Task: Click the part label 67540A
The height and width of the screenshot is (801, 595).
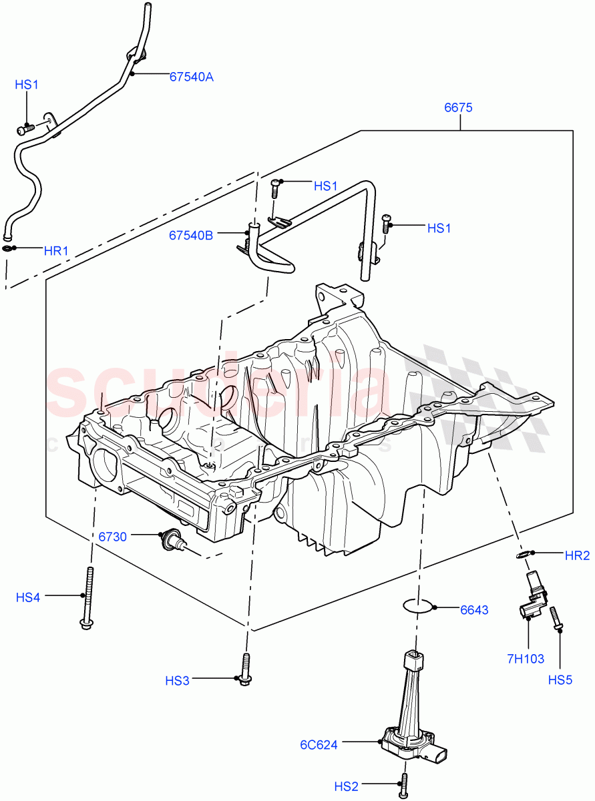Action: coord(191,77)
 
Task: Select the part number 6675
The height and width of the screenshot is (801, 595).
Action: coord(458,107)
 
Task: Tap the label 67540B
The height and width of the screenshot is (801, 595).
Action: coord(191,235)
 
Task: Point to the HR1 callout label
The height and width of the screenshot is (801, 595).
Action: coord(56,251)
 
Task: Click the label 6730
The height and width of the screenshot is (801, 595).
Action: coord(114,536)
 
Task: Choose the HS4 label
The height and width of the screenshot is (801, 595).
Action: coord(28,597)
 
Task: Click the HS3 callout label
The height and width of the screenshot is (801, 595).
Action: coord(178,680)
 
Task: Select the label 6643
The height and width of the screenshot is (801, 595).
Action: coord(474,609)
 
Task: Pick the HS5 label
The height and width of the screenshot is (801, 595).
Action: coord(561,680)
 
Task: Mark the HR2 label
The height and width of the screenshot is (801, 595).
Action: coord(577,555)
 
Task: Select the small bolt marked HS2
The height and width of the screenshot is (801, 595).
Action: coord(404,786)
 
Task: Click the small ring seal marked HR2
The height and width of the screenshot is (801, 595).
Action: coord(524,554)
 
